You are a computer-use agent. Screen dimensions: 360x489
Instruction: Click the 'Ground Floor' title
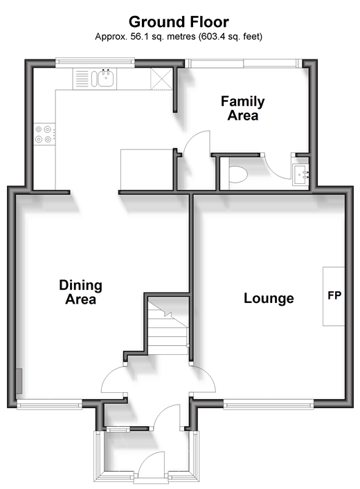coord(179,22)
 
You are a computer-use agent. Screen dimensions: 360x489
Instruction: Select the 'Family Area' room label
coord(242,108)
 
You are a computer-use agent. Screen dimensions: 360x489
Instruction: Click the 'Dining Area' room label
coord(80,292)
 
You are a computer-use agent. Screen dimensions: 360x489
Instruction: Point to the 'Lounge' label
coord(269,299)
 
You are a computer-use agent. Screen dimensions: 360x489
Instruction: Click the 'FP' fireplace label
coord(334,295)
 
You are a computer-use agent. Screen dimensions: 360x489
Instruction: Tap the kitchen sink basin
coord(105,79)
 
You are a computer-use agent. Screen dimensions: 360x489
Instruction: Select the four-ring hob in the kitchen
coord(44,134)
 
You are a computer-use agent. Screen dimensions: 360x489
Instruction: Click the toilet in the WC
coord(238,174)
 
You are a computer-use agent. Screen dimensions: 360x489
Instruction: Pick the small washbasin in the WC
coord(300,175)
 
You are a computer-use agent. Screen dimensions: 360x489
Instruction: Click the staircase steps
coord(168,326)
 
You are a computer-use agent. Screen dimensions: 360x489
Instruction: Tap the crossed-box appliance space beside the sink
coord(161,79)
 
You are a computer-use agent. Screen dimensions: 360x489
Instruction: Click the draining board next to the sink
coord(82,79)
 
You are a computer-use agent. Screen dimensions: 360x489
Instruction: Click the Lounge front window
coord(269,405)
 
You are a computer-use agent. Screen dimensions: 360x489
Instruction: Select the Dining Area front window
coord(49,405)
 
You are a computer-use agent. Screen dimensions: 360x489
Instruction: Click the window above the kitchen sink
coord(95,63)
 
